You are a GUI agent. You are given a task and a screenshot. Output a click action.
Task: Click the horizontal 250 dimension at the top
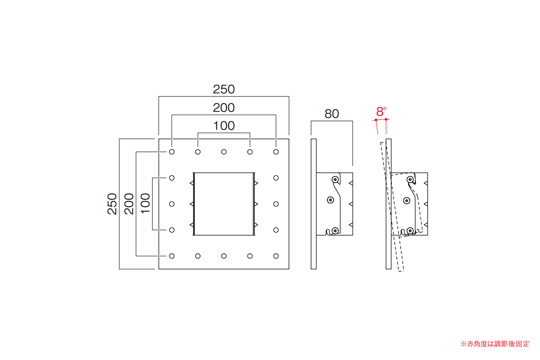pos(224,89)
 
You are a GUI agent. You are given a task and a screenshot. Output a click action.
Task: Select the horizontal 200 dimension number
pos(224,108)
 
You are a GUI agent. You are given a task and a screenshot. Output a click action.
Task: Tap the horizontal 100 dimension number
pos(224,126)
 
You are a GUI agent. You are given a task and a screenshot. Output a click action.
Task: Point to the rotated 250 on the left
pos(112,204)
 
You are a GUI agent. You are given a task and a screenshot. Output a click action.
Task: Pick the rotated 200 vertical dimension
pos(129,204)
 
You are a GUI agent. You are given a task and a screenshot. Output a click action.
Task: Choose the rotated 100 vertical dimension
pos(145,203)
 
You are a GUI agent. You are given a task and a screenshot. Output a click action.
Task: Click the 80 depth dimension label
pos(332,114)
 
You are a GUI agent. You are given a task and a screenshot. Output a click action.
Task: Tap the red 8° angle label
pos(381,112)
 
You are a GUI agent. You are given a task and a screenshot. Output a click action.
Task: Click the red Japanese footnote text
pos(495,344)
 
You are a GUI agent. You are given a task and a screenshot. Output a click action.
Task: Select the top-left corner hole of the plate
pos(171,152)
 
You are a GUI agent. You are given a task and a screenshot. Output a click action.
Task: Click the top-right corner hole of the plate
pos(276,152)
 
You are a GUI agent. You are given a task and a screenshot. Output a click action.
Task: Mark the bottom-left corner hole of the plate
pos(171,256)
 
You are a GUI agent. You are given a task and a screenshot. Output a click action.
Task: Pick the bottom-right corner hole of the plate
pos(276,256)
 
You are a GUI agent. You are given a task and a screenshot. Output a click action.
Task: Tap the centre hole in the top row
pos(224,152)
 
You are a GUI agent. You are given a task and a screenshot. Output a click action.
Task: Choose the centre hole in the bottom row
pos(224,256)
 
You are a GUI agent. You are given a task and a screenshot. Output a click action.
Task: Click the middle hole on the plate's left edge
pos(171,204)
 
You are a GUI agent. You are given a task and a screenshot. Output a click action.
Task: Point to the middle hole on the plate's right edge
pos(276,204)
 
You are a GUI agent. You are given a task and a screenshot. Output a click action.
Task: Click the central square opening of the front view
pos(224,204)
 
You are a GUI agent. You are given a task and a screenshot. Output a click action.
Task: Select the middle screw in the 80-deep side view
pos(330,200)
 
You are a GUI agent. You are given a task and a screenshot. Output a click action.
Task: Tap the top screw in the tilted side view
pos(410,180)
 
